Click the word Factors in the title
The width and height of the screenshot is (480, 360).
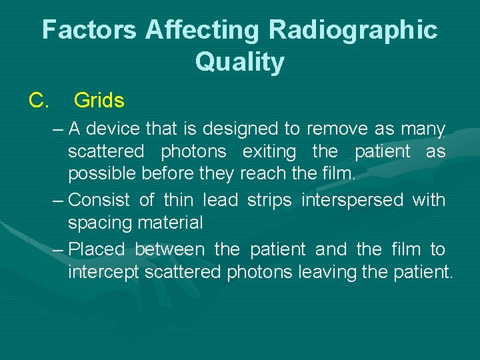coord(89,30)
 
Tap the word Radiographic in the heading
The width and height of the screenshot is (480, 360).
coord(353,30)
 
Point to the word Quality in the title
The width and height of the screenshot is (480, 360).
coord(239,62)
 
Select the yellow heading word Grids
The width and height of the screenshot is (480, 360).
coord(99,101)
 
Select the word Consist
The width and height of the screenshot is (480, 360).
coord(100,199)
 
